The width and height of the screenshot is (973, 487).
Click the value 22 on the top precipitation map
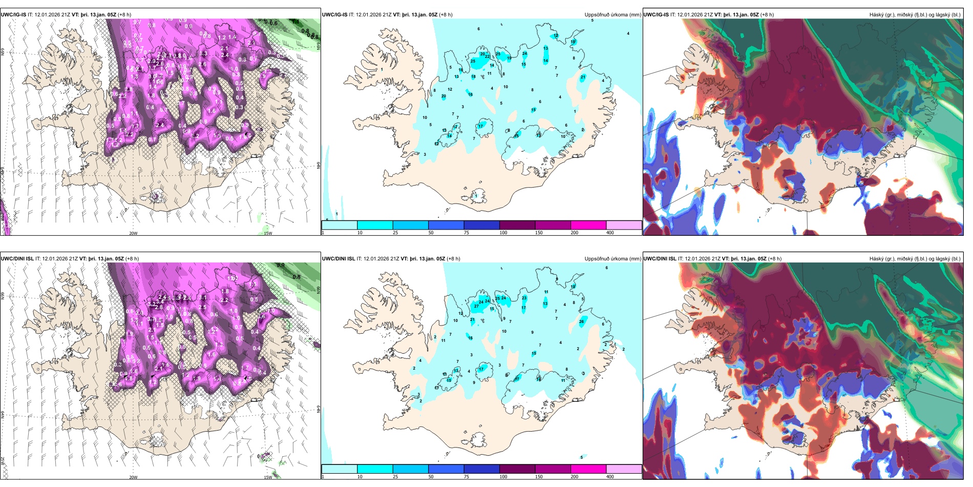488,56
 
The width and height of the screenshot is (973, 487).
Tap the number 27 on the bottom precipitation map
476,306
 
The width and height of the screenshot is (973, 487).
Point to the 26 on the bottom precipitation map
581,322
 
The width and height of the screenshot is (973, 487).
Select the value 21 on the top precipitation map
583,77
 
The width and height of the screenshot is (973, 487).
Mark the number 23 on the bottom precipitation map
524,298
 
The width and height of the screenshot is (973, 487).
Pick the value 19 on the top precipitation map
509,58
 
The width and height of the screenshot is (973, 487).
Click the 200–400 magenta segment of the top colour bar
588,225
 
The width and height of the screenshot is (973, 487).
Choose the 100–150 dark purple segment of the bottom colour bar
517,469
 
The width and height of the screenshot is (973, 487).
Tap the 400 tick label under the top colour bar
610,233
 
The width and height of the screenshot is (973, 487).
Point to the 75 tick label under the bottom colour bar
467,477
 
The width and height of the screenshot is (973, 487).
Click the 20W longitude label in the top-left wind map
133,233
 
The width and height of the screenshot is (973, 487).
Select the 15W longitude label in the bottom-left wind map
268,477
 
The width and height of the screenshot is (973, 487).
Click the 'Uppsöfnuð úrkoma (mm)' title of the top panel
612,15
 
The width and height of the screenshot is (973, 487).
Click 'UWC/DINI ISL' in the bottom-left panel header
17,259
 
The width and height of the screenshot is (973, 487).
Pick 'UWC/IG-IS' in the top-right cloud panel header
656,15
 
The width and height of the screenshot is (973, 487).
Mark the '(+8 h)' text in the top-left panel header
124,15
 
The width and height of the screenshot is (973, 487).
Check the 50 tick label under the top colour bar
431,233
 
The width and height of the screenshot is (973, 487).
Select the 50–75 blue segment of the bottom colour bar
446,469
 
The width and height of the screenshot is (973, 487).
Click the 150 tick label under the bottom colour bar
539,477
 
